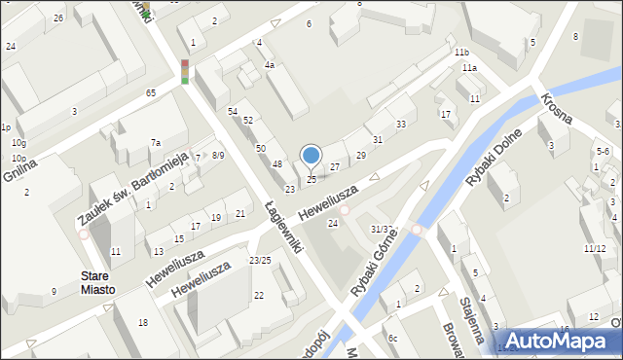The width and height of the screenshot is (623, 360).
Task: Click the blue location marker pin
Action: (311, 155)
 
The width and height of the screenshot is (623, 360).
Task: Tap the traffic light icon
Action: (184, 70)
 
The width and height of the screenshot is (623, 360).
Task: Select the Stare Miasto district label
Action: (98, 283)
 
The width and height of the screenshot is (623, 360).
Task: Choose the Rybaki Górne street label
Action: (375, 264)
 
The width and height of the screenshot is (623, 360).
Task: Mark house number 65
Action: (150, 92)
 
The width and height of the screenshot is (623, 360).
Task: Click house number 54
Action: (233, 112)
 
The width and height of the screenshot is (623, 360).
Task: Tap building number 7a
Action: (155, 143)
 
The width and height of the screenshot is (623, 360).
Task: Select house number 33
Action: (401, 125)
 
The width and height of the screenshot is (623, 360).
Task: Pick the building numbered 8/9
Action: (218, 155)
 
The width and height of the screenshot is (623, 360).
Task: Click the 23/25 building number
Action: (260, 260)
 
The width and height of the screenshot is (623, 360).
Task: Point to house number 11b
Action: (461, 52)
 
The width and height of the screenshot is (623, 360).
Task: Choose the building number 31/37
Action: (382, 229)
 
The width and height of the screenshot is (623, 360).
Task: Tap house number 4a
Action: (270, 65)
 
